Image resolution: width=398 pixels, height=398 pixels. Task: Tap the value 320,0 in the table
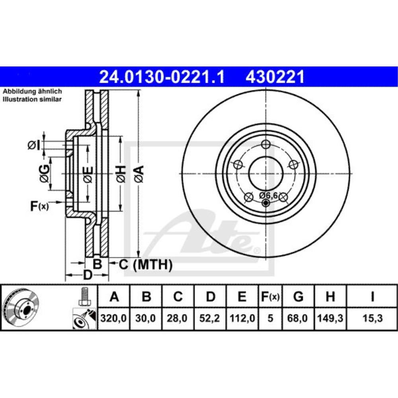114,319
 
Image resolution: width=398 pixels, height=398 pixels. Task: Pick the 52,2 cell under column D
211,319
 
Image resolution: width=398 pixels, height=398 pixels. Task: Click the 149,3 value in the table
330,319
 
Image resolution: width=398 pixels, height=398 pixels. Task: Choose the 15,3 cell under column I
372,319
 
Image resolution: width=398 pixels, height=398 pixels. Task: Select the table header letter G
298,297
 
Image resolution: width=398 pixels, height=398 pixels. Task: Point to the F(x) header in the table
270,297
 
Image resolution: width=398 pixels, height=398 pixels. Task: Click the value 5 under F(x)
270,319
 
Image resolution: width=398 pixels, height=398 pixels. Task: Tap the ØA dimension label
138,173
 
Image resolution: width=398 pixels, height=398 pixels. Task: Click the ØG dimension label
45,172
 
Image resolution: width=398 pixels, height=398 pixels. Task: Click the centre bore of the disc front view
266,173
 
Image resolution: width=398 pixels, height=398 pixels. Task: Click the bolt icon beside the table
84,297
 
